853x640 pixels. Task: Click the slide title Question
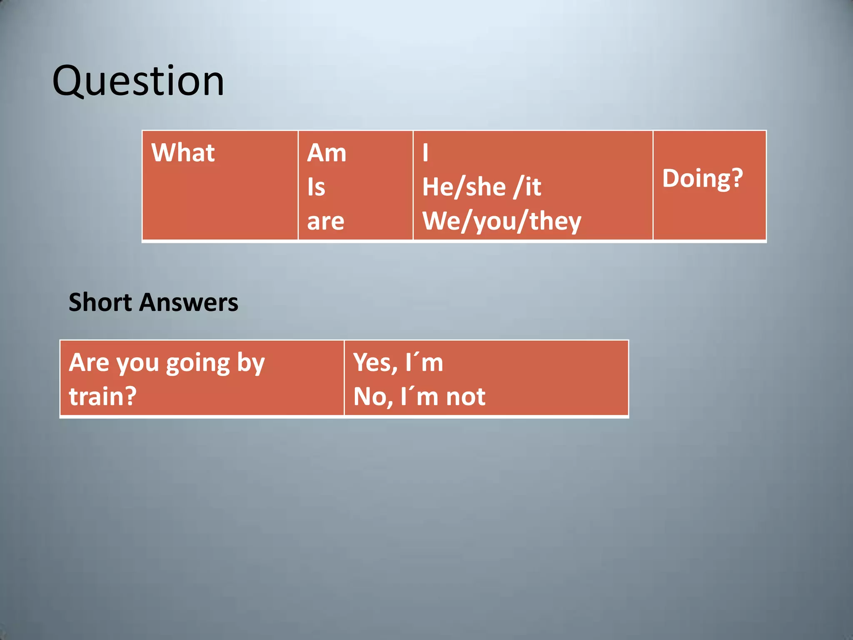point(138,81)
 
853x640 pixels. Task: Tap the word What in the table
point(183,152)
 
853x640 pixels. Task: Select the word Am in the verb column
point(327,153)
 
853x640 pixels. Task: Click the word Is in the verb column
point(316,187)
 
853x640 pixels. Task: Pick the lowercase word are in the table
point(326,221)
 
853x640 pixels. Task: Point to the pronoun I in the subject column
point(425,153)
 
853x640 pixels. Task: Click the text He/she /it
point(481,187)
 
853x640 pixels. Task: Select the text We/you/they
point(501,221)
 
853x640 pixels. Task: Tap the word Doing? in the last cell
point(702,178)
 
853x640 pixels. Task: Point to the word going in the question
point(198,363)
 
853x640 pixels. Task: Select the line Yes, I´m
point(398,362)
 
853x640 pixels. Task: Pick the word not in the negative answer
point(466,397)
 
